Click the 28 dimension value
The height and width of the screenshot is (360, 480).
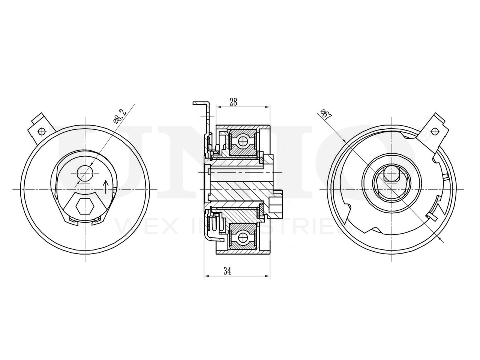[x=233, y=102]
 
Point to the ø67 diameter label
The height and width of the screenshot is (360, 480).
[x=326, y=114]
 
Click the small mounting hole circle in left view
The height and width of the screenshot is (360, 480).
[x=85, y=173]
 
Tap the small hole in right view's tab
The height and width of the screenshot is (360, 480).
[x=435, y=130]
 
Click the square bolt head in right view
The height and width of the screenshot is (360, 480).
[x=391, y=175]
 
